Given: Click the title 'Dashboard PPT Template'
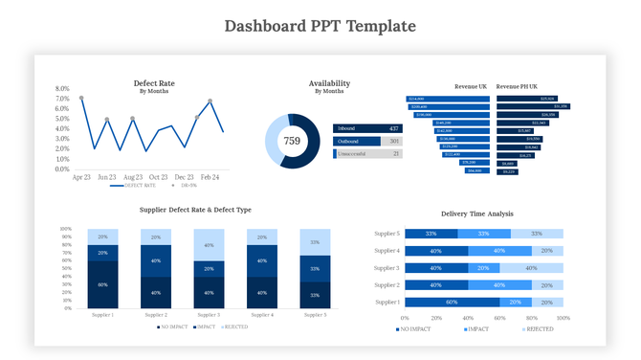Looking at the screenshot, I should pos(320,25).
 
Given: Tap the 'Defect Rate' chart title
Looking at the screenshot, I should pos(153,83).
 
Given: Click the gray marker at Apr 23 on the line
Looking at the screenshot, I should pos(81,98).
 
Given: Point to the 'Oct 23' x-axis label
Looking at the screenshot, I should pos(159,177).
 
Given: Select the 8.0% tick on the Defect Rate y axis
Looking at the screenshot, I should pos(63,88).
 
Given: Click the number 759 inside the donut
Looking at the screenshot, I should pos(292,141).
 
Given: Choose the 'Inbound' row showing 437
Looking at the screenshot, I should pos(367,128).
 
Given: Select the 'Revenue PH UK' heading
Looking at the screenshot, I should pos(517,86).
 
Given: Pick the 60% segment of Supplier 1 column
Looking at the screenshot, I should pos(102,284).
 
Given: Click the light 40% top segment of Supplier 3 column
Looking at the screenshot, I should pos(210,244).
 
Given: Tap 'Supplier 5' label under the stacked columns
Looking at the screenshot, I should pos(317,314).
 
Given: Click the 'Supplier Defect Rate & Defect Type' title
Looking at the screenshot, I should pos(195,209).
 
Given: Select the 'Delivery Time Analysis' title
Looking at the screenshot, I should pos(476,214).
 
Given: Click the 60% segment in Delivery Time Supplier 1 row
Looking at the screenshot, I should pos(452,302).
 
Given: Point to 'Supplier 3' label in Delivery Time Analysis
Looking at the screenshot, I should pos(386,268).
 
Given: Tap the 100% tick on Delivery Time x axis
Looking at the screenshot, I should pos(563,317).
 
